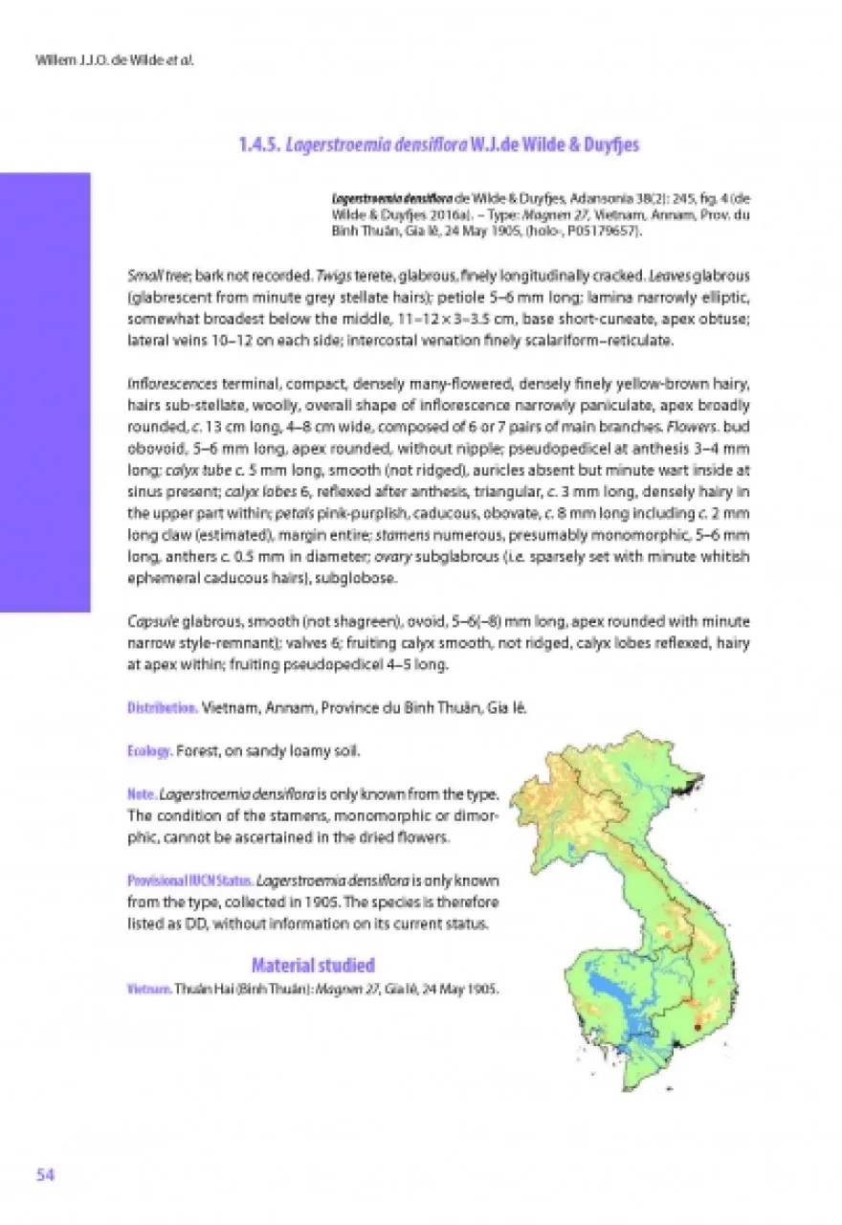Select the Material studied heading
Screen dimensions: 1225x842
pyautogui.click(x=313, y=964)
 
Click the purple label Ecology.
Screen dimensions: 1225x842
pyautogui.click(x=150, y=751)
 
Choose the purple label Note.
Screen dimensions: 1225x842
pyautogui.click(x=142, y=794)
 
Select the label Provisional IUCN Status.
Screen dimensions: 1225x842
pyautogui.click(x=190, y=880)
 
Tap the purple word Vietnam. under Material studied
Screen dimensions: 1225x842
pyautogui.click(x=148, y=988)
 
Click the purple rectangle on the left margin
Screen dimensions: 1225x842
pyautogui.click(x=45, y=392)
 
